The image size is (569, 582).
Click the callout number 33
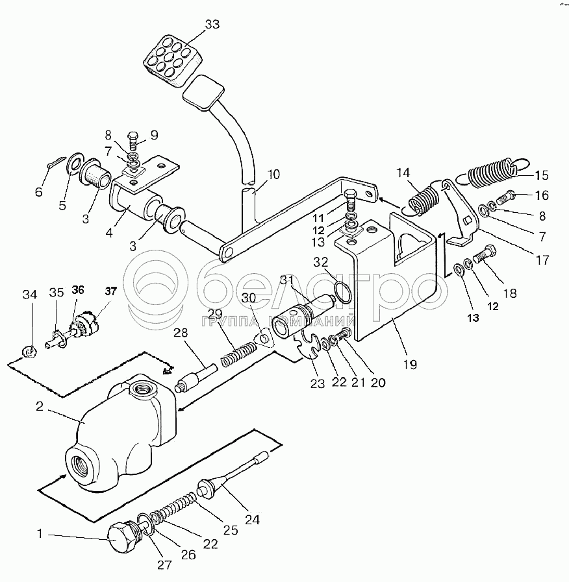point(212,25)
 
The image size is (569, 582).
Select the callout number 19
point(410,365)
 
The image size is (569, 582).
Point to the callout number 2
point(40,406)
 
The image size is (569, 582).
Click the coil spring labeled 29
point(238,354)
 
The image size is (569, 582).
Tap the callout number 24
point(252,520)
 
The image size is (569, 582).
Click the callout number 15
point(542,175)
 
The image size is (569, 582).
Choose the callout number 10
point(273,174)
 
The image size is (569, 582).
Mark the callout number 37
point(110,291)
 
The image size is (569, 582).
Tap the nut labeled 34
point(29,351)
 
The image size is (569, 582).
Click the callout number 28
point(181,333)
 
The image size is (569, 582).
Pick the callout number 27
point(164,564)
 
